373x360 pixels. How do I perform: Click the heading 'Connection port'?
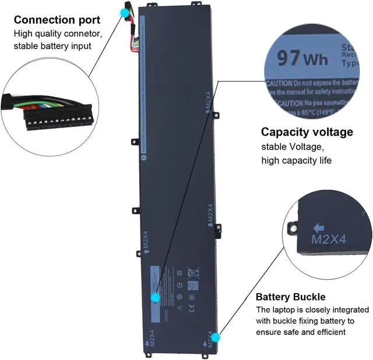click(x=57, y=20)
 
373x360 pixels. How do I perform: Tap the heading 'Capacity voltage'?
click(x=307, y=132)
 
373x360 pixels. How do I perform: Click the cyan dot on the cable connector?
click(x=125, y=12)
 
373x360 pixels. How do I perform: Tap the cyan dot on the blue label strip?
click(x=155, y=297)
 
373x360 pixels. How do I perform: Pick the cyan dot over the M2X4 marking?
click(x=216, y=337)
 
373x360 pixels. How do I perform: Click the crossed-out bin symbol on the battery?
click(x=193, y=271)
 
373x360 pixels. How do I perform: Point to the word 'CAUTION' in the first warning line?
click(x=279, y=83)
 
